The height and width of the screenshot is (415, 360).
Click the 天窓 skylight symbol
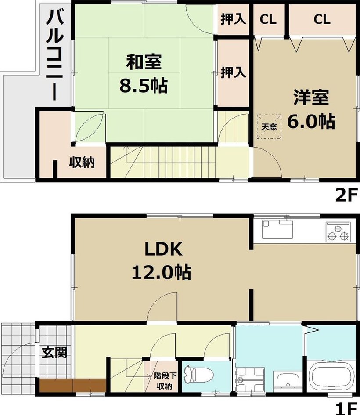tap(269, 126)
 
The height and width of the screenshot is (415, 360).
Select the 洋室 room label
tap(311, 97)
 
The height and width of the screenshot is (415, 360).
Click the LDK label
tap(163, 249)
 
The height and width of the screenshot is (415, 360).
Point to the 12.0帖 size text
tap(162, 272)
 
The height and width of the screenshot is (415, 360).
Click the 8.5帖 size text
tap(144, 86)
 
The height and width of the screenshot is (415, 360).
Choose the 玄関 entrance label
tap(54, 352)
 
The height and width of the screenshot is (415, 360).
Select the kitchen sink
tap(277, 230)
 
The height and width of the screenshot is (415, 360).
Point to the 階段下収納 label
tap(165, 381)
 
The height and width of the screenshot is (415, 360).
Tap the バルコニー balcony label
tap(55, 55)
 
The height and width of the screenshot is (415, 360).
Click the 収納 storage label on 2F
tap(82, 162)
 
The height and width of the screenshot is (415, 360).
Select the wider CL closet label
tap(322, 19)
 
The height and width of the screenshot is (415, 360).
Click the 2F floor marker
tap(345, 195)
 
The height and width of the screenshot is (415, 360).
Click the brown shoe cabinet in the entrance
tap(73, 385)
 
